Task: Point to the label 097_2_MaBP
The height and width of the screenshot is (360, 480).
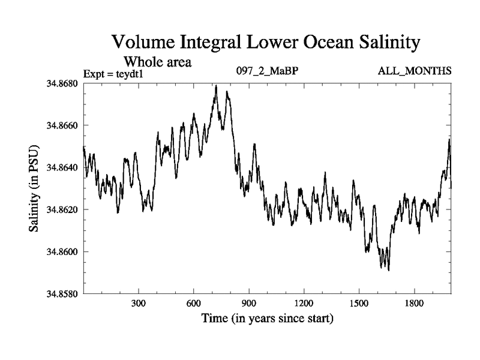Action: [x=267, y=71]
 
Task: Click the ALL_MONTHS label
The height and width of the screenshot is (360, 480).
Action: [x=414, y=71]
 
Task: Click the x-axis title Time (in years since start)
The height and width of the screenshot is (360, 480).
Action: [x=267, y=318]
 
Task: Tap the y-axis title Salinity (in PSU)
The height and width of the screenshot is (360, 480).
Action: [x=34, y=189]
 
